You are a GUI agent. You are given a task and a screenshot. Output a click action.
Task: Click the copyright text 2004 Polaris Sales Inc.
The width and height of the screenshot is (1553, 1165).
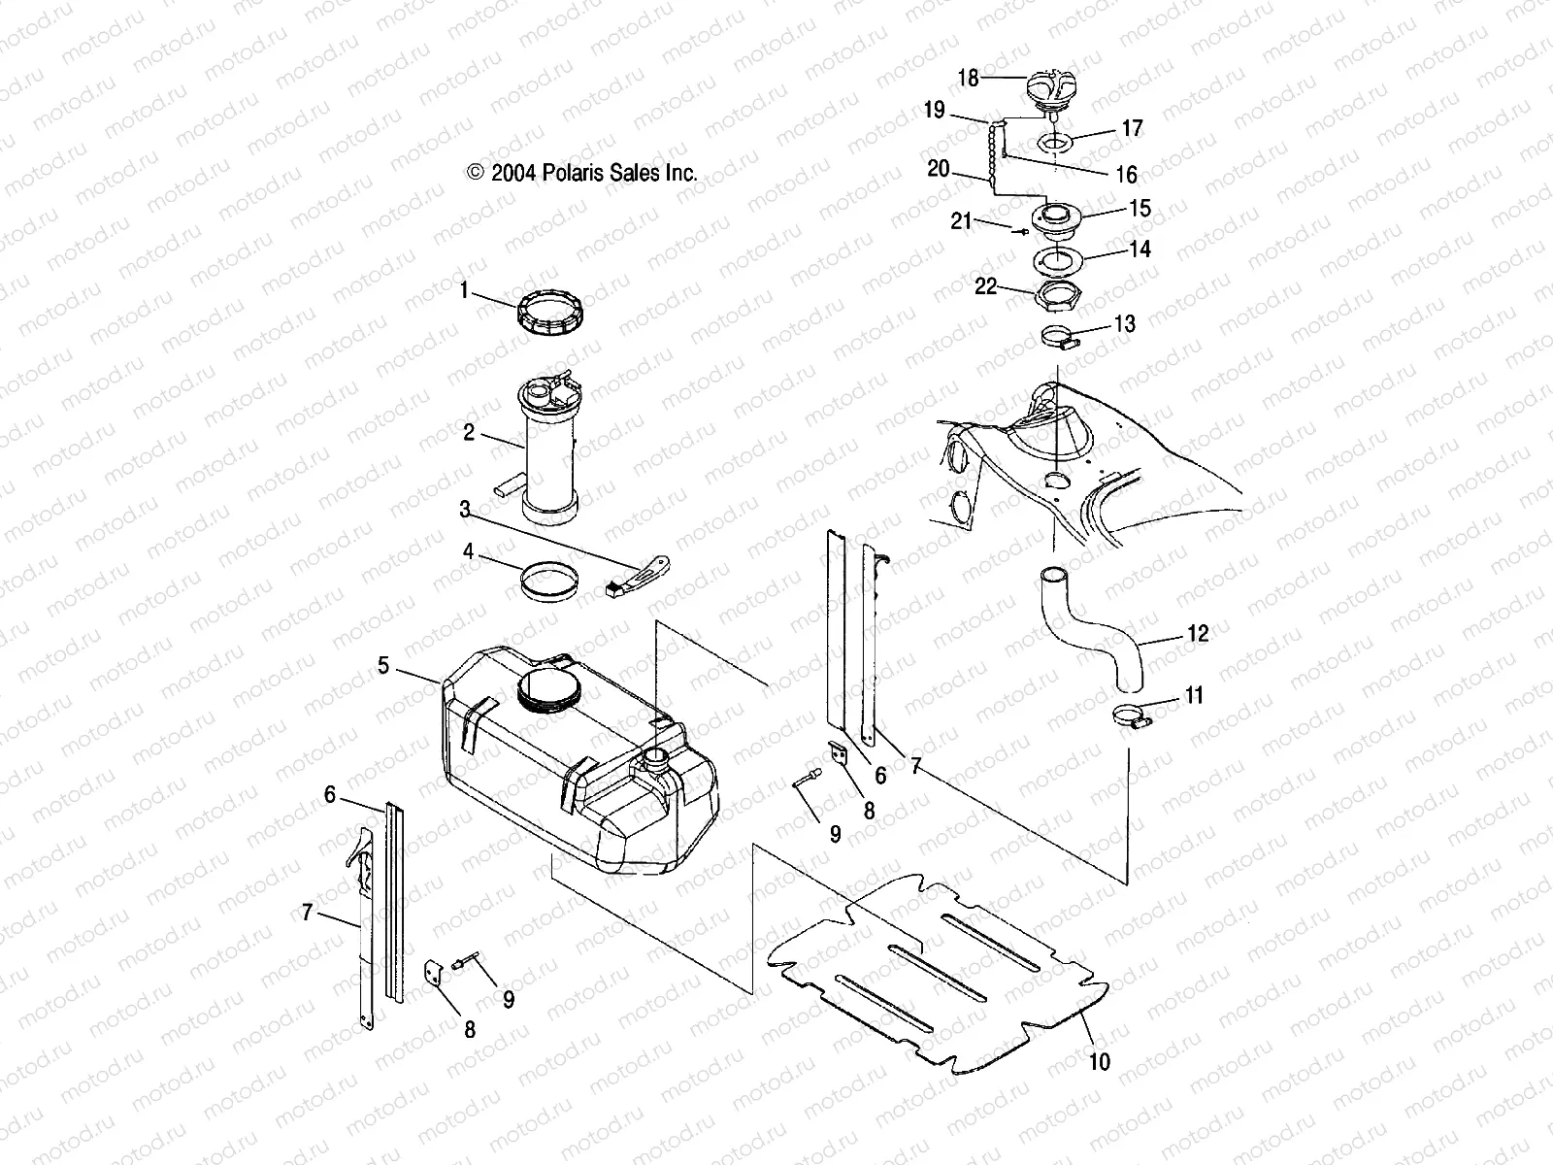tap(582, 173)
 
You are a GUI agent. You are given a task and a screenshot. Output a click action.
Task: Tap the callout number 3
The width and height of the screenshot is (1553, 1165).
tap(465, 509)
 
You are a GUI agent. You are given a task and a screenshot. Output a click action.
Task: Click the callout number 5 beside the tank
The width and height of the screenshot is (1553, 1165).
tap(383, 665)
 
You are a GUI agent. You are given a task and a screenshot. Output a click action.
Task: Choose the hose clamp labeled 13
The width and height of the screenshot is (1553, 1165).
tap(1061, 340)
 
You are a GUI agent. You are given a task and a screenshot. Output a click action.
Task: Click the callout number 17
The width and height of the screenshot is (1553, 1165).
tap(1132, 128)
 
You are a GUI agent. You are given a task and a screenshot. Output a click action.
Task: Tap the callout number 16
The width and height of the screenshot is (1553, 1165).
tap(1126, 175)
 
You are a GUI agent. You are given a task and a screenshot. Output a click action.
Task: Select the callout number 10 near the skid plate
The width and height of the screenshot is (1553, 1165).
tap(1099, 1062)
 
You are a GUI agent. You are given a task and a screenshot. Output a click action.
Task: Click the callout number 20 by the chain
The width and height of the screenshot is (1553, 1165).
tap(938, 168)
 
